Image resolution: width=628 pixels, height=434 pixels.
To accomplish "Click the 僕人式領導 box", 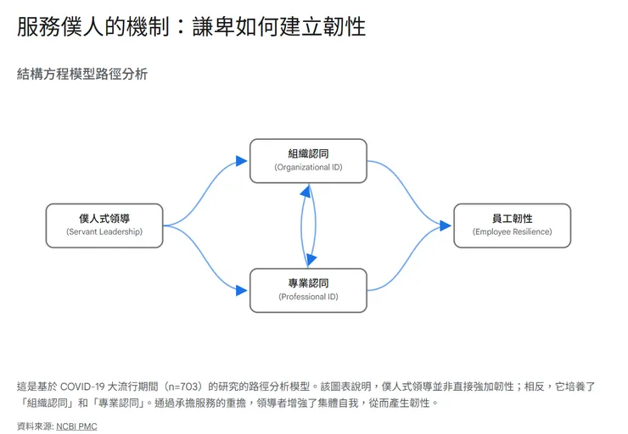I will pyautogui.click(x=104, y=225).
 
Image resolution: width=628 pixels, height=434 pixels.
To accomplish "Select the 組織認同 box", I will pyautogui.click(x=308, y=160).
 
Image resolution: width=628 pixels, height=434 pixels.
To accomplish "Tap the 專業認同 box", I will pyautogui.click(x=308, y=290).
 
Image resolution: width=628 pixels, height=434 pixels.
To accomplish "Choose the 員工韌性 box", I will pyautogui.click(x=512, y=225).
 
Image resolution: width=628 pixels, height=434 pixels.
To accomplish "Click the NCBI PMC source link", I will pyautogui.click(x=76, y=426).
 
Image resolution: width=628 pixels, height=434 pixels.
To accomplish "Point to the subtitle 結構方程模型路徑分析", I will pyautogui.click(x=82, y=75).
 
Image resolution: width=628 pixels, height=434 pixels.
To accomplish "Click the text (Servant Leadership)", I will pyautogui.click(x=104, y=232).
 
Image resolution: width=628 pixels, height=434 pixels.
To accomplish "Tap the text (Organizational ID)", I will pyautogui.click(x=308, y=168).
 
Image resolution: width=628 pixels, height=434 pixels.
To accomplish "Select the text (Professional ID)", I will pyautogui.click(x=308, y=298).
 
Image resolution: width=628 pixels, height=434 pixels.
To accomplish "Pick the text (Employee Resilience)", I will pyautogui.click(x=512, y=232).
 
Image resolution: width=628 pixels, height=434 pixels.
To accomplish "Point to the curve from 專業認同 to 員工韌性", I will pyautogui.click(x=407, y=262).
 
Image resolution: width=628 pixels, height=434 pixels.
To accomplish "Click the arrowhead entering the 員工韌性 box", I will pyautogui.click(x=446, y=225).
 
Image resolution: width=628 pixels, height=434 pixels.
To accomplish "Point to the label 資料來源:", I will pyautogui.click(x=35, y=426).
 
